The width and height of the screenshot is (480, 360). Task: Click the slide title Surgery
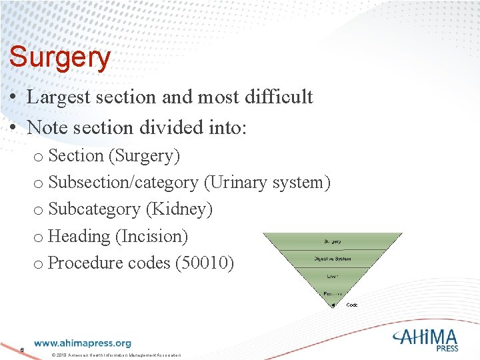click(59, 58)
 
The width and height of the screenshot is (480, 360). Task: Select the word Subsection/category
click(123, 183)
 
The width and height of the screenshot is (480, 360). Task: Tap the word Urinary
click(238, 183)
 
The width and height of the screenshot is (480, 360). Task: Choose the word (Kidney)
click(182, 209)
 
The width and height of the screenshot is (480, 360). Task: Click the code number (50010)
click(205, 263)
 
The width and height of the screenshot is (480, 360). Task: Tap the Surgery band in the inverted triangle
click(333, 241)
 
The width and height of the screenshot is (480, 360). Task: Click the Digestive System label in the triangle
click(333, 259)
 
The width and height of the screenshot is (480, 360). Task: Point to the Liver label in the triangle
click(333, 276)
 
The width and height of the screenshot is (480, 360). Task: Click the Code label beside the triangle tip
click(352, 305)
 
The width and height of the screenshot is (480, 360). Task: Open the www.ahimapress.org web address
click(83, 343)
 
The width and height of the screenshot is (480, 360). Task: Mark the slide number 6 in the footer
click(23, 350)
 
